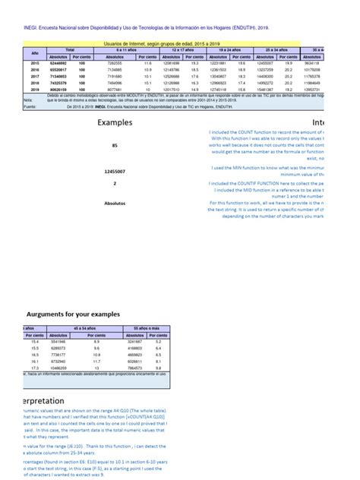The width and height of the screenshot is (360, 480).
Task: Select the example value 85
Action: (x=115, y=145)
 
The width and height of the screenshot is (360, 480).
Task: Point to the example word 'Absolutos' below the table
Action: (x=115, y=203)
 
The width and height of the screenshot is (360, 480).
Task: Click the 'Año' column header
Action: (x=34, y=52)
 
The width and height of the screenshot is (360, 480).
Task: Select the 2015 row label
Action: (x=34, y=63)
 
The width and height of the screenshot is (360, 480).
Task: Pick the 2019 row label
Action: (x=34, y=89)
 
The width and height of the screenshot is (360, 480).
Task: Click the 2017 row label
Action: (x=34, y=76)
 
